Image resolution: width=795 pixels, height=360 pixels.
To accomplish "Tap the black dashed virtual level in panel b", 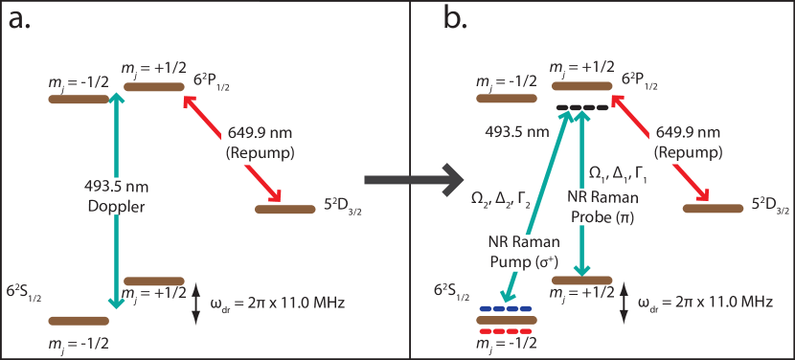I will [581, 107].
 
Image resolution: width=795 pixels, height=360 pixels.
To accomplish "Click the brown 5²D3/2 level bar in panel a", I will [283, 209].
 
